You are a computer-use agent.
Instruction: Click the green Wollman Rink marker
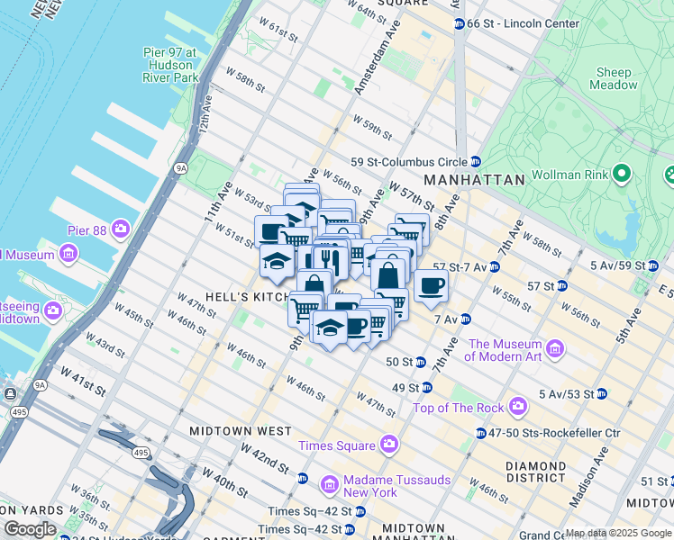[x=621, y=173]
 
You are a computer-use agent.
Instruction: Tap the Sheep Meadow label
[x=613, y=78]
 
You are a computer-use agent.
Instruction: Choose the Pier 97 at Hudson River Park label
[x=169, y=66]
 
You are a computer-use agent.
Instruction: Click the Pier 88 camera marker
[x=121, y=229]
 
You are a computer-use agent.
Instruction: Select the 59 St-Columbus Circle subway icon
[x=475, y=162]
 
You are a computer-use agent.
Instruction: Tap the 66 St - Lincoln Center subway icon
[x=460, y=22]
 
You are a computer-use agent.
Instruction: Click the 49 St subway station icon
[x=426, y=388]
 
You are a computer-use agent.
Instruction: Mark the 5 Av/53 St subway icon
[x=601, y=394]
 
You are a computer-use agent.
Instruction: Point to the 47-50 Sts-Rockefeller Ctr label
[x=556, y=433]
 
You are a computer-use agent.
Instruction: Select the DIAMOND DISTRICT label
[x=535, y=472]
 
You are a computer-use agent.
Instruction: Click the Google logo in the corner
[x=30, y=529]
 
